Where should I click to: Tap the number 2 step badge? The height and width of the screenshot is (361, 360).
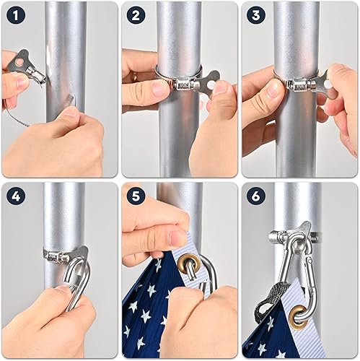coord(135,14)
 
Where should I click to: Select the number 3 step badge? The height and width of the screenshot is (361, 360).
coord(255,14)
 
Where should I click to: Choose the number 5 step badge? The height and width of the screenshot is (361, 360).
coord(135,195)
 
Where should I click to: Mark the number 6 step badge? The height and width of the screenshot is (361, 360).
coord(255,195)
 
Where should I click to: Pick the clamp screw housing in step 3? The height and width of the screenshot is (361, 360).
coord(297,84)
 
